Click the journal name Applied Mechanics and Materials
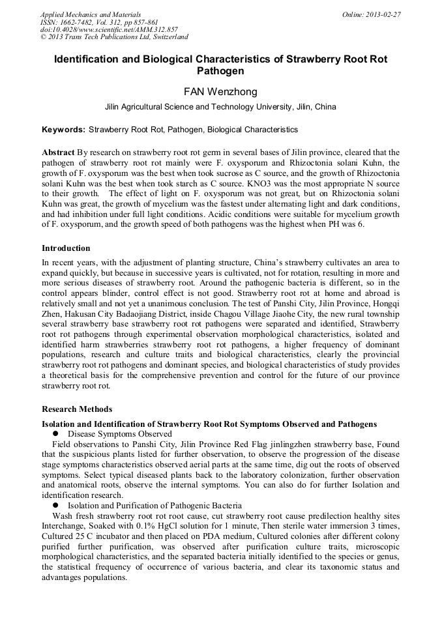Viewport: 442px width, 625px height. point(90,14)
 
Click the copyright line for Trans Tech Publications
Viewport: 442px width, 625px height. point(114,37)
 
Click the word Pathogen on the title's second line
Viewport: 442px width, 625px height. point(220,70)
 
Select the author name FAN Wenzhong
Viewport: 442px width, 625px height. point(220,92)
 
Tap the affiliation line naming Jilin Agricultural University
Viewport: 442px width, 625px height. point(220,107)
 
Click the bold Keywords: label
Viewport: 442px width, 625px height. point(63,130)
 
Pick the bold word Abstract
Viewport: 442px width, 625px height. point(58,151)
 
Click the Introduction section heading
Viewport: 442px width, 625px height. point(66,248)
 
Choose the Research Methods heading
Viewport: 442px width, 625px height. point(76,409)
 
